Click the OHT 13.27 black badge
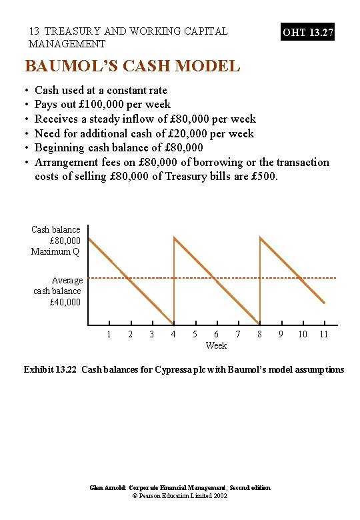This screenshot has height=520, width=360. (x=307, y=32)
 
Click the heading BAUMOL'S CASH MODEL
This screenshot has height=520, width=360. (x=132, y=66)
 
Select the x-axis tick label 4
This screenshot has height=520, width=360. (x=173, y=334)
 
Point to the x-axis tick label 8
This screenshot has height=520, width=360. (x=259, y=334)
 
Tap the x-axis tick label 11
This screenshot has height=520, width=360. (x=324, y=334)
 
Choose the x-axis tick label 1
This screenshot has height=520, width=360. (x=109, y=334)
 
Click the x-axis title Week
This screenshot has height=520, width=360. (x=216, y=345)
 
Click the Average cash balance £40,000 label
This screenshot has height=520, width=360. (x=58, y=291)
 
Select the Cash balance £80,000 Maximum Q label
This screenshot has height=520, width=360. (x=56, y=241)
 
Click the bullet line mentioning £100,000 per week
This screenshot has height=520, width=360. (x=103, y=105)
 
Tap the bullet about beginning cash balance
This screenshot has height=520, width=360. (x=119, y=147)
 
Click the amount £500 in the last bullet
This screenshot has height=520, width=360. (x=265, y=177)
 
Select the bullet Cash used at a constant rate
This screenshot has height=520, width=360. (x=101, y=90)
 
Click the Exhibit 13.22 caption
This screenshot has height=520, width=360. (x=184, y=369)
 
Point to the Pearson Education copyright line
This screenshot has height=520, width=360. (x=180, y=496)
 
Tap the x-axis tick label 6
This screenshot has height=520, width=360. (x=216, y=334)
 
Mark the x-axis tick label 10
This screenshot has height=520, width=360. (x=303, y=334)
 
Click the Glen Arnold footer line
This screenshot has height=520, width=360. (x=180, y=488)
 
